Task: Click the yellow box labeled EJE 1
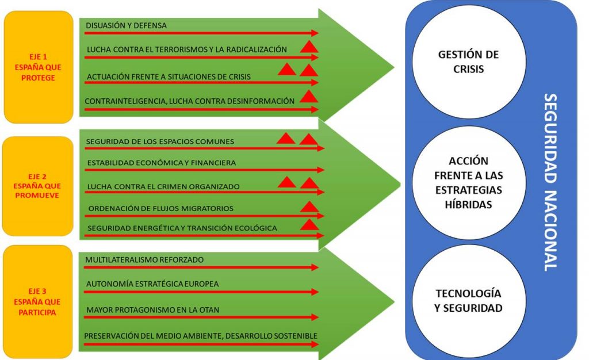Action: click(x=39, y=67)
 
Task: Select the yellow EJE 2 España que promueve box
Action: click(x=38, y=186)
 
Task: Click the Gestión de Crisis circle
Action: click(x=468, y=62)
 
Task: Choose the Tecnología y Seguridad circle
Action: click(x=468, y=300)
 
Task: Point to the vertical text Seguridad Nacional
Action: click(x=550, y=181)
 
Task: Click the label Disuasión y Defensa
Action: click(x=126, y=25)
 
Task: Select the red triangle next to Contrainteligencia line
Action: click(x=309, y=97)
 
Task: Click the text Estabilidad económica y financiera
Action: click(x=161, y=163)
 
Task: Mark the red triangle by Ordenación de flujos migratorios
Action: click(x=309, y=207)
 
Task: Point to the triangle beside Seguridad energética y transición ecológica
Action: click(x=309, y=225)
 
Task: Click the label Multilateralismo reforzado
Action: click(x=144, y=260)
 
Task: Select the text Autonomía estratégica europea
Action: click(x=152, y=284)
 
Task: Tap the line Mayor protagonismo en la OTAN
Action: click(x=152, y=310)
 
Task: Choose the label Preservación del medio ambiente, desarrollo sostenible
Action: click(x=201, y=336)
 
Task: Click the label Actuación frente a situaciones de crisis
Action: click(x=169, y=76)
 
